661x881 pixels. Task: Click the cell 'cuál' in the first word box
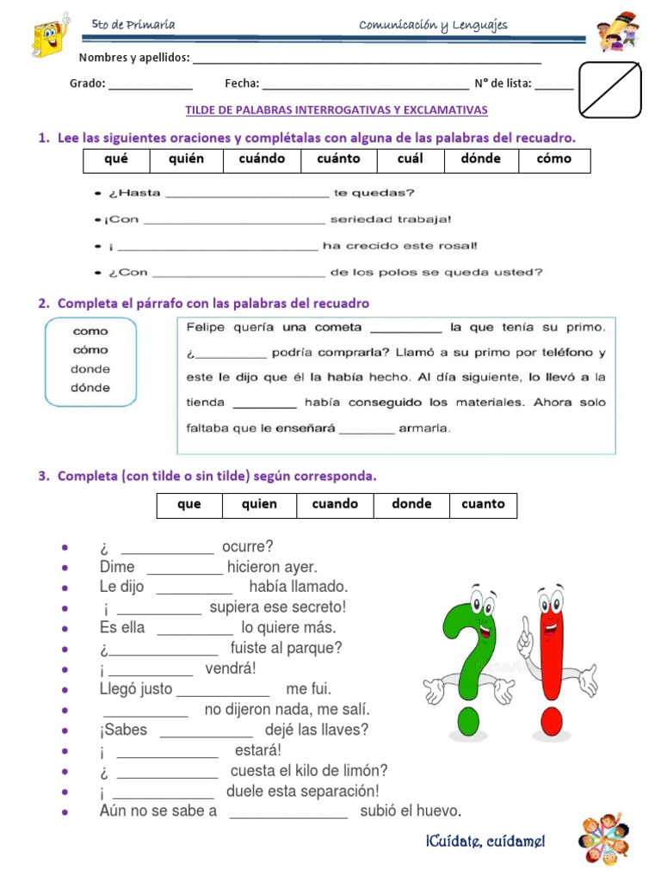(x=411, y=159)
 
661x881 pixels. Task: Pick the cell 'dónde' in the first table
(x=480, y=159)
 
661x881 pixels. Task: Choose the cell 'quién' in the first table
(x=187, y=159)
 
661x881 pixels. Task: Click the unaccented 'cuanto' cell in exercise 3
(x=483, y=505)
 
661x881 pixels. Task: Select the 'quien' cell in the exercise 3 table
(x=259, y=505)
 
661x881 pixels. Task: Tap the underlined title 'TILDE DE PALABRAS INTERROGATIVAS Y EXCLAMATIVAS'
(x=337, y=110)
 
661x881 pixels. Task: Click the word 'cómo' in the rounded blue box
(x=90, y=350)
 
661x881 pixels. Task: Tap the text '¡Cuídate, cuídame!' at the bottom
(x=485, y=841)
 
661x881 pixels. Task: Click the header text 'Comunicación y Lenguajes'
(x=433, y=25)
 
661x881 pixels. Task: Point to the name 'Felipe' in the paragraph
(x=205, y=327)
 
